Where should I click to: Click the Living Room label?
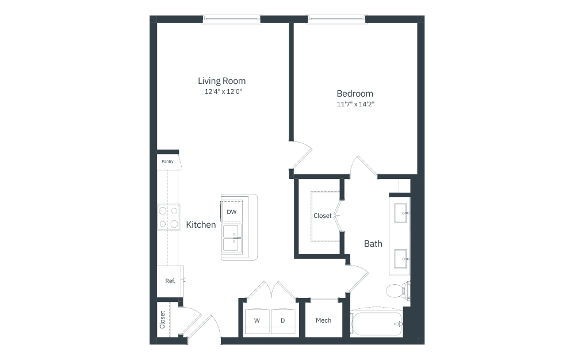point(221,81)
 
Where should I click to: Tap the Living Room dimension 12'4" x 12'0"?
point(223,91)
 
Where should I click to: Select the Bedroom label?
point(355,93)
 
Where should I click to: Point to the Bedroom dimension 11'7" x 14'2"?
point(355,104)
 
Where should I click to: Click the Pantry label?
point(168,162)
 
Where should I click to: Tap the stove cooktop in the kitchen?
point(169,217)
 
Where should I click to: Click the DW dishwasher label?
point(231,212)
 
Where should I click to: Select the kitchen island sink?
point(232,238)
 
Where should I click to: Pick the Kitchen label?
point(201,225)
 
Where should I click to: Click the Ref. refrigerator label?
point(170,281)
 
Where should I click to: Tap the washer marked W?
point(257,321)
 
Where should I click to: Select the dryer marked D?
point(283,321)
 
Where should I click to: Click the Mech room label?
point(324,320)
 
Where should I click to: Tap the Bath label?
point(373,244)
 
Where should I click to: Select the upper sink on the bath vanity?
point(401,213)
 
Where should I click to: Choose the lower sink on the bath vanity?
point(401,259)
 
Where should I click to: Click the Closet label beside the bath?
point(323,216)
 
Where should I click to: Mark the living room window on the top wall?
point(231,19)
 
